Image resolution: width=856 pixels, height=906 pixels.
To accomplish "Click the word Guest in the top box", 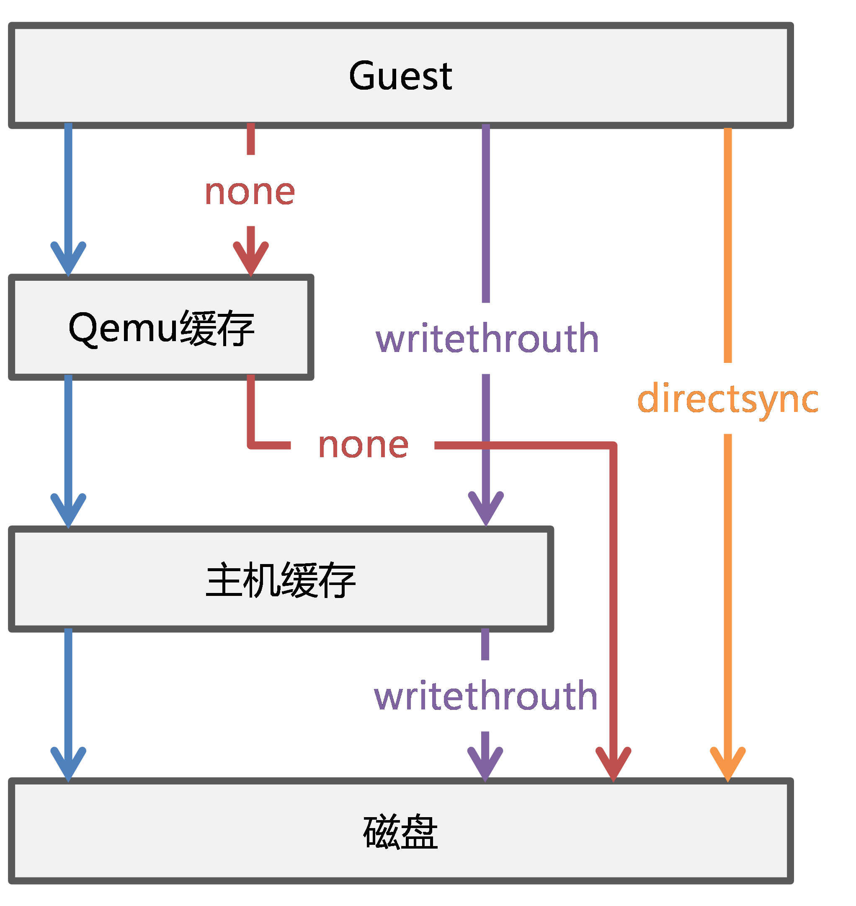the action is pos(400,76).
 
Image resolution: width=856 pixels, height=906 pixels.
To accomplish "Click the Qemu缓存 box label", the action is pos(162,329).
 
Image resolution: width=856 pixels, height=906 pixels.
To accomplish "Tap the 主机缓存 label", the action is pos(281,580).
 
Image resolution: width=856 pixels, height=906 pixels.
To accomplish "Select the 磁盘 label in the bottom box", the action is pos(400,832).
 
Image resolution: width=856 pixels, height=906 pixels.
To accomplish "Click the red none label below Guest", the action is pos(250,192).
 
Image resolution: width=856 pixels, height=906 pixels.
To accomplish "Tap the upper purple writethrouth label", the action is pos(487,338).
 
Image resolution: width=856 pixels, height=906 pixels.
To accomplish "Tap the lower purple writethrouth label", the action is pos(485,696).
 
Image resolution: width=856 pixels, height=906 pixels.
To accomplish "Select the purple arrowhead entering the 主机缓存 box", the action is pos(486,509).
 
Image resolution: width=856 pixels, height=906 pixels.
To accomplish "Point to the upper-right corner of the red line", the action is pos(614,445).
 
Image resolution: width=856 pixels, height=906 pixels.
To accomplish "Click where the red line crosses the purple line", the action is pos(486,445).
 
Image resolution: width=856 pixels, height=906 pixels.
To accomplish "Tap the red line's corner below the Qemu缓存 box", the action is pos(251,445).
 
